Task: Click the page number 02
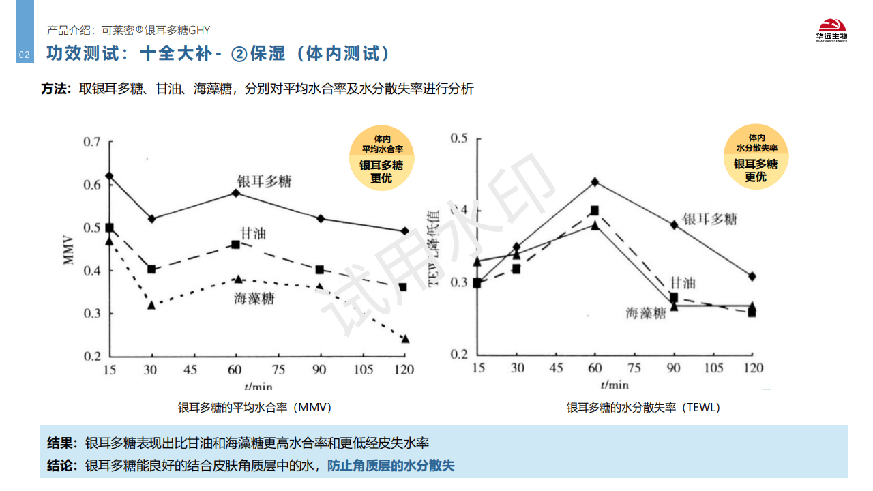tap(24, 55)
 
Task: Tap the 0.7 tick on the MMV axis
tap(91, 142)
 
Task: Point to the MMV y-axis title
tap(68, 250)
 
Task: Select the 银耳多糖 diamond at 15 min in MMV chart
tap(109, 176)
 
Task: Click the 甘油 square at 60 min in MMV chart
tap(236, 244)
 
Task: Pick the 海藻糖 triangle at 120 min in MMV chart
tap(404, 339)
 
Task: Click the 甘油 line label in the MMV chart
tap(253, 233)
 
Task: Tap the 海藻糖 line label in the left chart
tap(254, 298)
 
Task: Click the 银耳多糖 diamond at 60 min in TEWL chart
tap(595, 182)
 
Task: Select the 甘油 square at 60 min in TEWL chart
tap(595, 211)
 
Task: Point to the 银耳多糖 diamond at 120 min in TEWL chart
tap(752, 276)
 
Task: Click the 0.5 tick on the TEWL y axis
tap(459, 138)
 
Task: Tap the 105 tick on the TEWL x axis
tap(714, 368)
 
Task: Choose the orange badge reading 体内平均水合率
tap(381, 158)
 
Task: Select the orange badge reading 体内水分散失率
tap(756, 156)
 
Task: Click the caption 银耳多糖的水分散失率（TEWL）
tap(643, 407)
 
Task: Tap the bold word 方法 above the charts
tap(55, 89)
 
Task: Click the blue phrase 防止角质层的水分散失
tap(391, 466)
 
